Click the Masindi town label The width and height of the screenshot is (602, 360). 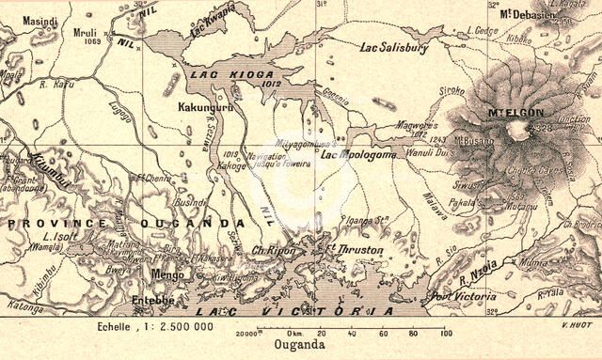(x=40, y=20)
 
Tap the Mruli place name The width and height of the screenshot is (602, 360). (x=87, y=30)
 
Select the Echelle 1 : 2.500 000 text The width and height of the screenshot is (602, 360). (x=155, y=325)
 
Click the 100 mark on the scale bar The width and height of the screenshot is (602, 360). (x=444, y=334)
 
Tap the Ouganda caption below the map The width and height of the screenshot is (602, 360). (x=300, y=346)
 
